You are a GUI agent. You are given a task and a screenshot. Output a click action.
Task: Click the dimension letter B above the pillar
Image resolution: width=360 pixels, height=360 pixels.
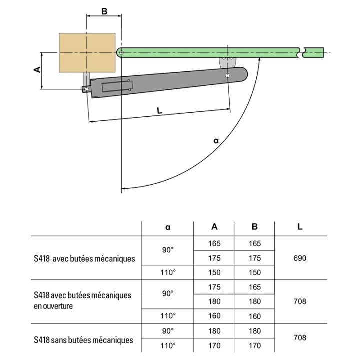[104, 11]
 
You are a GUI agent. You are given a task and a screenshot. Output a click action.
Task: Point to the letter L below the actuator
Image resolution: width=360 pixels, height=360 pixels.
[159, 111]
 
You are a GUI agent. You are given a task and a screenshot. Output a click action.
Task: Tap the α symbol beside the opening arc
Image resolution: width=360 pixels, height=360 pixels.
[216, 141]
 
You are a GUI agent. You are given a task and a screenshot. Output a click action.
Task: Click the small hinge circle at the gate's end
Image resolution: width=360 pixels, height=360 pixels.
[121, 51]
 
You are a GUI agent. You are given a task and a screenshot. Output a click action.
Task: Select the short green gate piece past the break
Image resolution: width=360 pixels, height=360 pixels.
[315, 51]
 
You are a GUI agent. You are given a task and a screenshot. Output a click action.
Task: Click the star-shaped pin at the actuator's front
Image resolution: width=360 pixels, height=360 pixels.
[228, 75]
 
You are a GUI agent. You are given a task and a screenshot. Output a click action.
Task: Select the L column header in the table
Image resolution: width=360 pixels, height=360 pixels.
[300, 226]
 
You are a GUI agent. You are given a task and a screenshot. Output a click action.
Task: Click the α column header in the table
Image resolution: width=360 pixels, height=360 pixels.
[168, 227]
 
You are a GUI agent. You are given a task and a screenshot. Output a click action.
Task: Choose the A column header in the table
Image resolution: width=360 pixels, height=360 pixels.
[214, 226]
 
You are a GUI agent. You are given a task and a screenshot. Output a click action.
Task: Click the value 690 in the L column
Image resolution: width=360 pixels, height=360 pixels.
[300, 258]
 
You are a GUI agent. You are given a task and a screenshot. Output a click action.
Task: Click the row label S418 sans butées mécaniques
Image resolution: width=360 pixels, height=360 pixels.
[84, 340]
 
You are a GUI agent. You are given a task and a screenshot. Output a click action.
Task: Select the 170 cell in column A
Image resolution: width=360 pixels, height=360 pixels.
[214, 345]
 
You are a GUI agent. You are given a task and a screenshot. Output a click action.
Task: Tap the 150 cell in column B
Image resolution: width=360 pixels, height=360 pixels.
[255, 272]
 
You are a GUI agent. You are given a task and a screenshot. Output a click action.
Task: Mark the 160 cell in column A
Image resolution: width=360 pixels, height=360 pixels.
[214, 316]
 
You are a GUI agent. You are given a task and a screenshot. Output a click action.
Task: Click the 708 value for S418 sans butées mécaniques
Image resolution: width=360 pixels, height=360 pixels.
[300, 338]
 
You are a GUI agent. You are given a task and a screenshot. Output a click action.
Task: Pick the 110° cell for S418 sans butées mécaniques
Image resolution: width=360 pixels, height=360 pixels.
[168, 345]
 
